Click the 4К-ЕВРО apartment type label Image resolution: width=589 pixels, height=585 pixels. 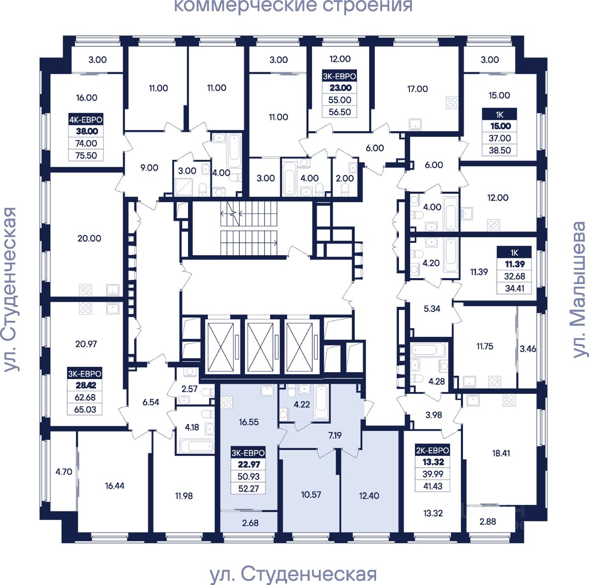(86, 120)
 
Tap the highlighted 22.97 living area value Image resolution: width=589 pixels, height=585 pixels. (248, 465)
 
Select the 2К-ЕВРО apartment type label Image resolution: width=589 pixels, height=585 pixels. (433, 450)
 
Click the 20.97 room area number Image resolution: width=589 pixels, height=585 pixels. (86, 344)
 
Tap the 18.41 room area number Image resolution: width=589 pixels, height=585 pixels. (501, 453)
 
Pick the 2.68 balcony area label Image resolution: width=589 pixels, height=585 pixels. (250, 523)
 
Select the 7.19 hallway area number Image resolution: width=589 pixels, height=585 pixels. (335, 435)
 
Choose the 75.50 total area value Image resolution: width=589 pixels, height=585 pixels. (86, 155)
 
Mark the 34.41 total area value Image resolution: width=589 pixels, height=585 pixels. (514, 288)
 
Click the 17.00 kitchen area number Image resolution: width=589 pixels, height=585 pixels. (417, 89)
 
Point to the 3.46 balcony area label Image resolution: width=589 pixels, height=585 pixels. (528, 349)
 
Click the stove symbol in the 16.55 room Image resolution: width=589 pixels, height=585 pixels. (226, 403)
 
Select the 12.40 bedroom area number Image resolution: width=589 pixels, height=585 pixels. (369, 496)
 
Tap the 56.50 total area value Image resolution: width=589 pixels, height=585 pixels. (340, 112)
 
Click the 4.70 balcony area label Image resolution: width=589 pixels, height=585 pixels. (64, 472)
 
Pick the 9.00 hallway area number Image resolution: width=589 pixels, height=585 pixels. (149, 168)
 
